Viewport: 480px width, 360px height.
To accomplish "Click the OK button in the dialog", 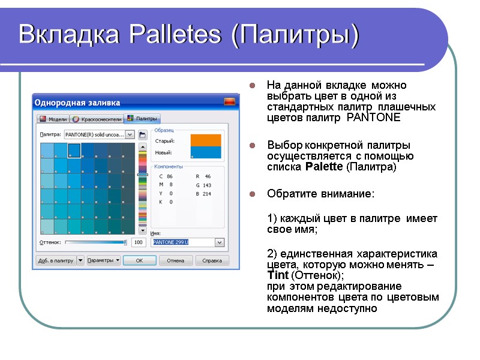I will [x=139, y=260].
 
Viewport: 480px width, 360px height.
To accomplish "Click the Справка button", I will [x=212, y=260].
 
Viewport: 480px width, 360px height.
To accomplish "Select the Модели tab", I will [x=53, y=119].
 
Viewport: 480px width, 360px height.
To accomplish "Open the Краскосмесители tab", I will [x=97, y=119].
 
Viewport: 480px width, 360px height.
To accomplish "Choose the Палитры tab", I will [x=143, y=119].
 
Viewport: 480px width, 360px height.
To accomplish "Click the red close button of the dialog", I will [x=229, y=103].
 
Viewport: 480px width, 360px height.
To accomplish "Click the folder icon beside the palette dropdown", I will [x=143, y=135].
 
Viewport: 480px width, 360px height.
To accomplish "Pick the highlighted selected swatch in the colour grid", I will [x=74, y=150].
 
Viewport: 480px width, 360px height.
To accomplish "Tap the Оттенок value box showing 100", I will [x=139, y=242].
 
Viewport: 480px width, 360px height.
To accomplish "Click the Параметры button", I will [x=103, y=260].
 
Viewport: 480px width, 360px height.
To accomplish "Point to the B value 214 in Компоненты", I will [x=207, y=194].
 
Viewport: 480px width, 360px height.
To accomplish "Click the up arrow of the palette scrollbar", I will [x=142, y=146].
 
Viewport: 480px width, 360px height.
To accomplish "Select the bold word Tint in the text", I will [x=277, y=275].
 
